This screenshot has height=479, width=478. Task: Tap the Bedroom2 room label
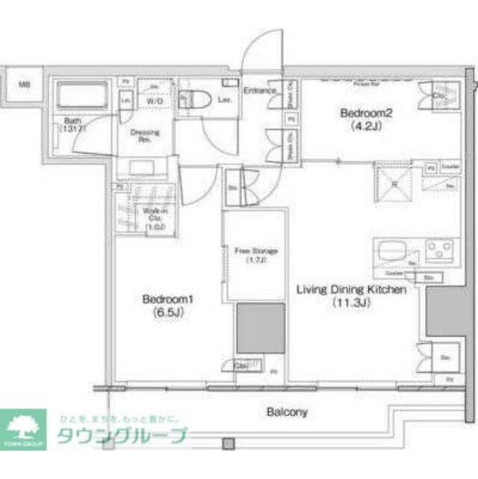click(366, 114)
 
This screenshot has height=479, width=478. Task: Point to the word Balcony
click(287, 412)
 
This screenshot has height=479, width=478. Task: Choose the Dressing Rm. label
click(146, 135)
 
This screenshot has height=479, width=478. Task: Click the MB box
click(24, 84)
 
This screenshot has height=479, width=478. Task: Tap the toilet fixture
click(196, 99)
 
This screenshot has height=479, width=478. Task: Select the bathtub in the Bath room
click(82, 96)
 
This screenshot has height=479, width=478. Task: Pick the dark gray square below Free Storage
click(261, 327)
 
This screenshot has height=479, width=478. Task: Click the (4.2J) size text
click(366, 126)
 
